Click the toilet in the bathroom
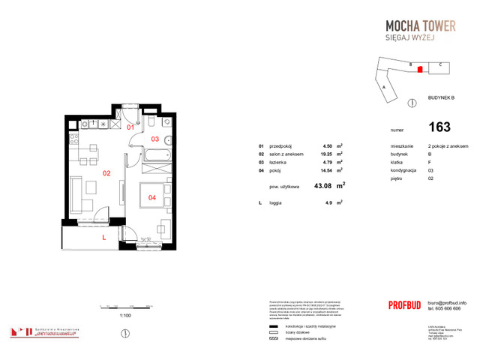coord(151,121)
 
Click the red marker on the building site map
coord(420,69)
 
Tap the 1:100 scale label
coord(126,316)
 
